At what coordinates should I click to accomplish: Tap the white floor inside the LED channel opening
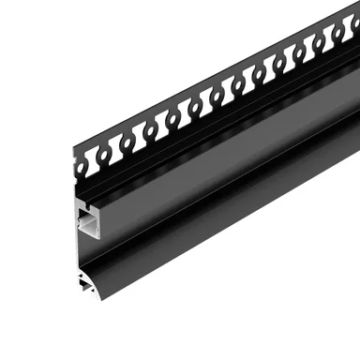(89, 235)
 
